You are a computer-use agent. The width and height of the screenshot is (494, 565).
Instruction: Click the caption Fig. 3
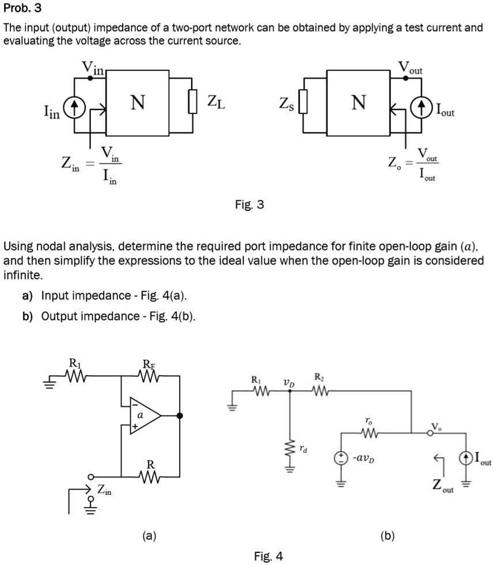click(x=249, y=204)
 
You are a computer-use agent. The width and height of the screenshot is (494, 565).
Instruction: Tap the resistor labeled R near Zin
click(x=150, y=476)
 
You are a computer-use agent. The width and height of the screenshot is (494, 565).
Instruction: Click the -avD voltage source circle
click(x=341, y=457)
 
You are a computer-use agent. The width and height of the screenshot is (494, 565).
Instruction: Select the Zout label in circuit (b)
click(x=443, y=485)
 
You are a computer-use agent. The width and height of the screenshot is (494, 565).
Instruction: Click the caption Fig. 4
click(x=268, y=556)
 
